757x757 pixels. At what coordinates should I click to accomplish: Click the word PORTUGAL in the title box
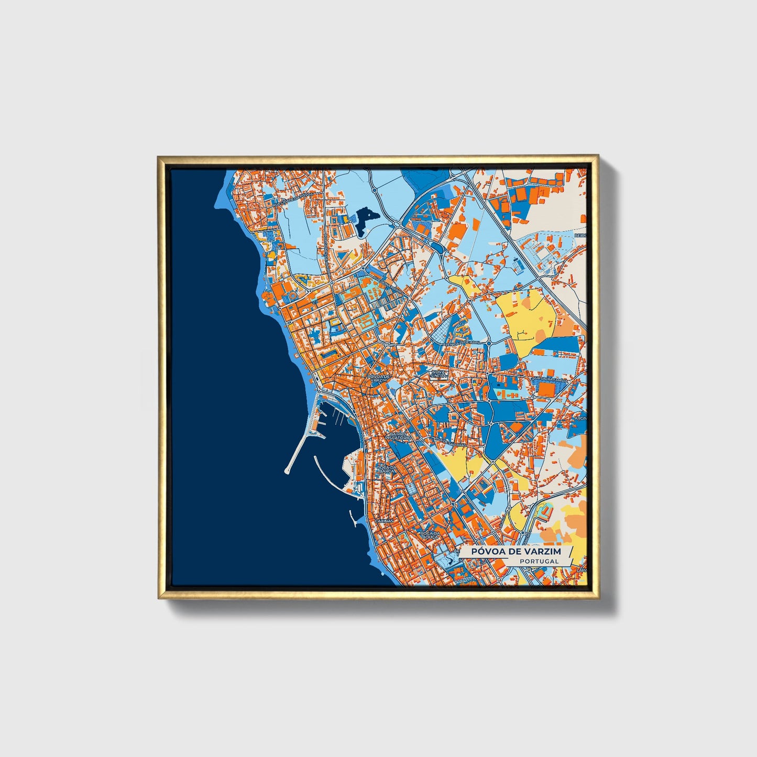coord(539,561)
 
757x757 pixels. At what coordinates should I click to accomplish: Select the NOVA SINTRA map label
coord(438,374)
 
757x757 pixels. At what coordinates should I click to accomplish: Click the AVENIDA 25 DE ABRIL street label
coord(461,342)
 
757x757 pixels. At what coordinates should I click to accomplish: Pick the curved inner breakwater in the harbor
coord(327,474)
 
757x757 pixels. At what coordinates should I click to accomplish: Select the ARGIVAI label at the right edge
coord(580,419)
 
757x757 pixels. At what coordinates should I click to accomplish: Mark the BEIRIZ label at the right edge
coord(580,236)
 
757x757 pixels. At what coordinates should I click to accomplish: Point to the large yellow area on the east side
coord(526,317)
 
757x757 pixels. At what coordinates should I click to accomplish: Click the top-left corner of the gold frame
coord(159,157)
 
